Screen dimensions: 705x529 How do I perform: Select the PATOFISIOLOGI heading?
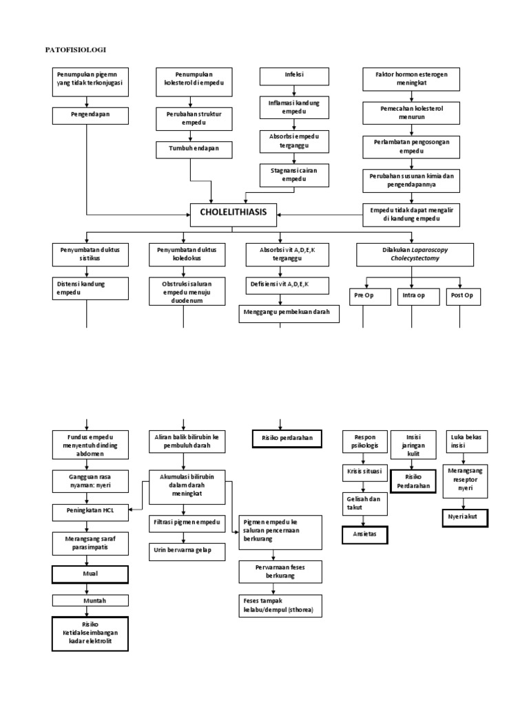tap(76, 50)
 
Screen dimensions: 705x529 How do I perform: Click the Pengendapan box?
tap(90, 115)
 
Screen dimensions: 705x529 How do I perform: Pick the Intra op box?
tap(411, 296)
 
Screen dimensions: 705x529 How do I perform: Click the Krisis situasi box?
tap(365, 474)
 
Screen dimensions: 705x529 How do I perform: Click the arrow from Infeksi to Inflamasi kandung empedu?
tap(295, 90)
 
